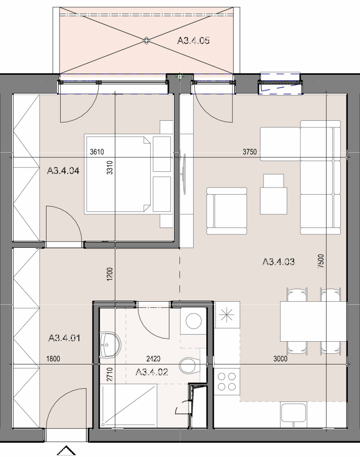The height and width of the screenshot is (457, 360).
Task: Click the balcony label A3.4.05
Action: pyautogui.click(x=193, y=40)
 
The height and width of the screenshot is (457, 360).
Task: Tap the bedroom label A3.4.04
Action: pyautogui.click(x=63, y=170)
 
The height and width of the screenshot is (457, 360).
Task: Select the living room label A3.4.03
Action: pyautogui.click(x=279, y=261)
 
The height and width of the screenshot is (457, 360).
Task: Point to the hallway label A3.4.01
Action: pyautogui.click(x=64, y=338)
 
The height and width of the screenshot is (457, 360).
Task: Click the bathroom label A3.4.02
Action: pyautogui.click(x=152, y=372)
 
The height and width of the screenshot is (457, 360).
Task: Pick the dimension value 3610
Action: pyautogui.click(x=97, y=152)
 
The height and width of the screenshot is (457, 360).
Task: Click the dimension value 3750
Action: pyautogui.click(x=249, y=152)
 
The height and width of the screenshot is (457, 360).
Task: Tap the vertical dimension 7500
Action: pyautogui.click(x=321, y=261)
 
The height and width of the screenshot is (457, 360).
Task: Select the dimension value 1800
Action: pyautogui.click(x=54, y=358)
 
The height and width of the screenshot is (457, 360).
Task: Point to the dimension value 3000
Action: pyautogui.click(x=281, y=358)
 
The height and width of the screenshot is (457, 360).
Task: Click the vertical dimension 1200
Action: pyautogui.click(x=110, y=275)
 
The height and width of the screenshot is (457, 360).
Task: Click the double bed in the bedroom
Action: pyautogui.click(x=118, y=174)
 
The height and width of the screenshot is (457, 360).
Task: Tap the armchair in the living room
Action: pyautogui.click(x=227, y=211)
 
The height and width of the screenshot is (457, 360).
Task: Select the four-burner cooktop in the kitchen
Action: pyautogui.click(x=227, y=382)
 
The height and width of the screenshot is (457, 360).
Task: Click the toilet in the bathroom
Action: pyautogui.click(x=189, y=366)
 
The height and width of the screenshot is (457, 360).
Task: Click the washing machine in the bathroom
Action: pyautogui.click(x=194, y=321)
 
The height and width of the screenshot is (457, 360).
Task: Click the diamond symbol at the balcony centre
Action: pyautogui.click(x=146, y=40)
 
